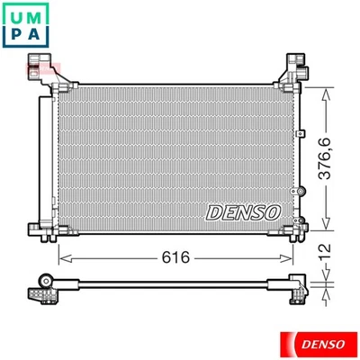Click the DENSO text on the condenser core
click(244, 211)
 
